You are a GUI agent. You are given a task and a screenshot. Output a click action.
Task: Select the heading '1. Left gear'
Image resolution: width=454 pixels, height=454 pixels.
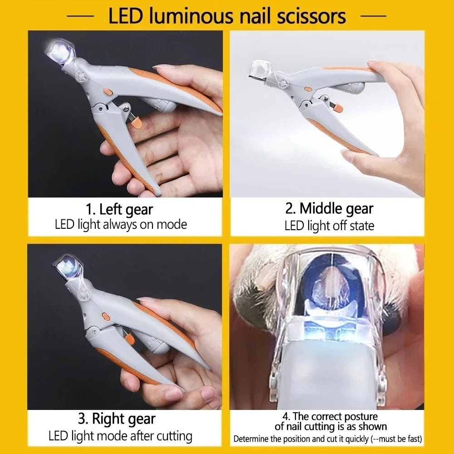coord(119,210)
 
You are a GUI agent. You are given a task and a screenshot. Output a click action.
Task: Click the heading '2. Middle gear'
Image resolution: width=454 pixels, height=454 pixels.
coord(329,208)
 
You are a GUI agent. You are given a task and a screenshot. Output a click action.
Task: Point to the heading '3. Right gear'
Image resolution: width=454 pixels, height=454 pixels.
coord(117,419)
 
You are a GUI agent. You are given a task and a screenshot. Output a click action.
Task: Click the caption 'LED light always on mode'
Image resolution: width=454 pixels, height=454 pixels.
coord(121,224)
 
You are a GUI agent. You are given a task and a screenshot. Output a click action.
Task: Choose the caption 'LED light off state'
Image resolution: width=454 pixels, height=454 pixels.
coord(329,225)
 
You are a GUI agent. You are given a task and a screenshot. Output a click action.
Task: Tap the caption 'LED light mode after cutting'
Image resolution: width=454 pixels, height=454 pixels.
coord(120,436)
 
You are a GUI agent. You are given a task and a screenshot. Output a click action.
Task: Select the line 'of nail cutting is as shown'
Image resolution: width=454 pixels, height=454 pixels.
coord(331,426)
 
